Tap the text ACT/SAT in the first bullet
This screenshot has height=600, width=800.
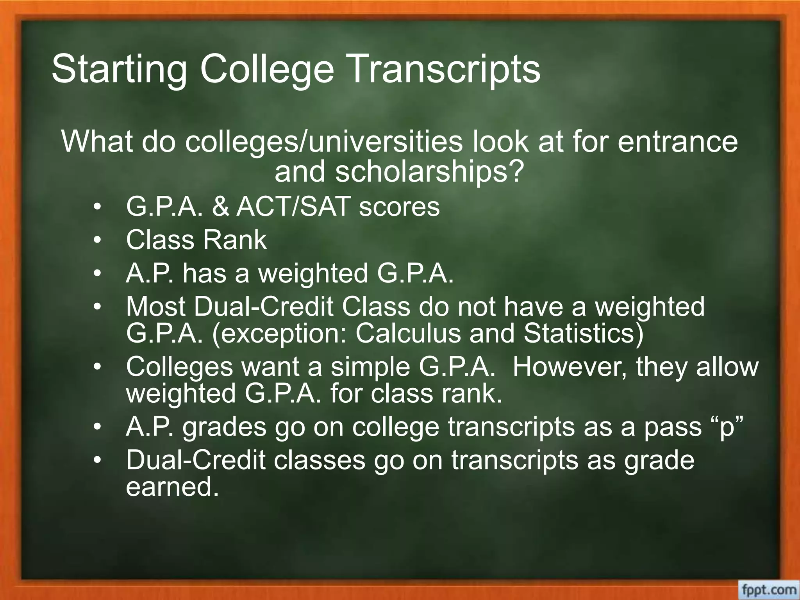tap(292, 207)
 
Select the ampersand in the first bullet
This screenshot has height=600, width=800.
tap(221, 207)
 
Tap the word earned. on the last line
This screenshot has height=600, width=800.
tap(172, 487)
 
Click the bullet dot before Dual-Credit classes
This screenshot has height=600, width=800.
tap(97, 460)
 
